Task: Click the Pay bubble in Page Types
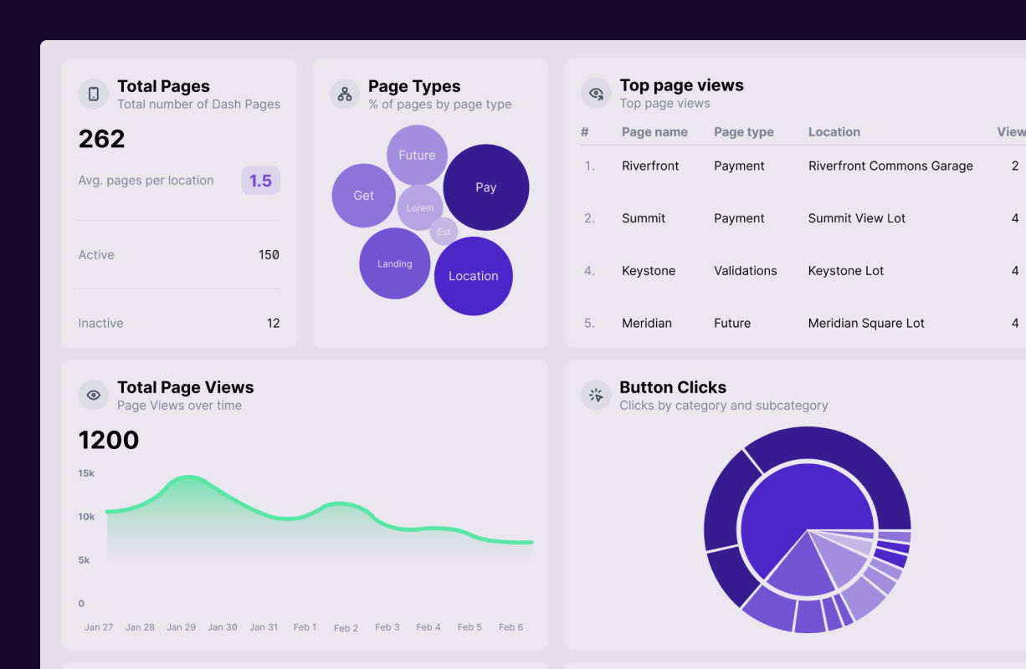[x=486, y=187]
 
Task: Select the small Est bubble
[x=444, y=232]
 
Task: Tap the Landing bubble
[x=394, y=263]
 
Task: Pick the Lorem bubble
[x=419, y=207]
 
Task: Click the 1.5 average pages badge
[x=260, y=181]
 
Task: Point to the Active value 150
[x=269, y=255]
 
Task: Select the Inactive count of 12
[x=273, y=323]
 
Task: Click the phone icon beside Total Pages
[x=94, y=94]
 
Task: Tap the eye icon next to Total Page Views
[x=94, y=395]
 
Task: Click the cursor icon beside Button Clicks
[x=596, y=395]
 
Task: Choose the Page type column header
[x=743, y=132]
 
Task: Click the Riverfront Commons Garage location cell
[x=890, y=166]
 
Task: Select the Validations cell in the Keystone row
[x=745, y=270]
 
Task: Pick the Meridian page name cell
[x=647, y=323]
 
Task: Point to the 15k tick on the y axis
[x=86, y=473]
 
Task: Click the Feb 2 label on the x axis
[x=346, y=628]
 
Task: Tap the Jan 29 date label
[x=181, y=627]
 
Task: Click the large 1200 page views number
[x=109, y=440]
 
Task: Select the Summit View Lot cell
[x=856, y=218]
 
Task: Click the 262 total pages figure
[x=102, y=139]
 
